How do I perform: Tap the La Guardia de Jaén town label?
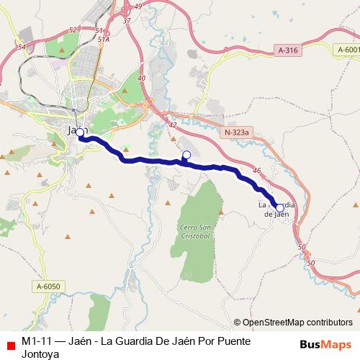(277, 208)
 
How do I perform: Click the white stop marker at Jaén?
(80, 132)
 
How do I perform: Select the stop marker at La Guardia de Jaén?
(280, 207)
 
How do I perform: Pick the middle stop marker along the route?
(186, 155)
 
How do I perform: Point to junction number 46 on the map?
(257, 170)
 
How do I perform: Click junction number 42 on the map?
(173, 125)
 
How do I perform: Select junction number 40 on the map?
(140, 78)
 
